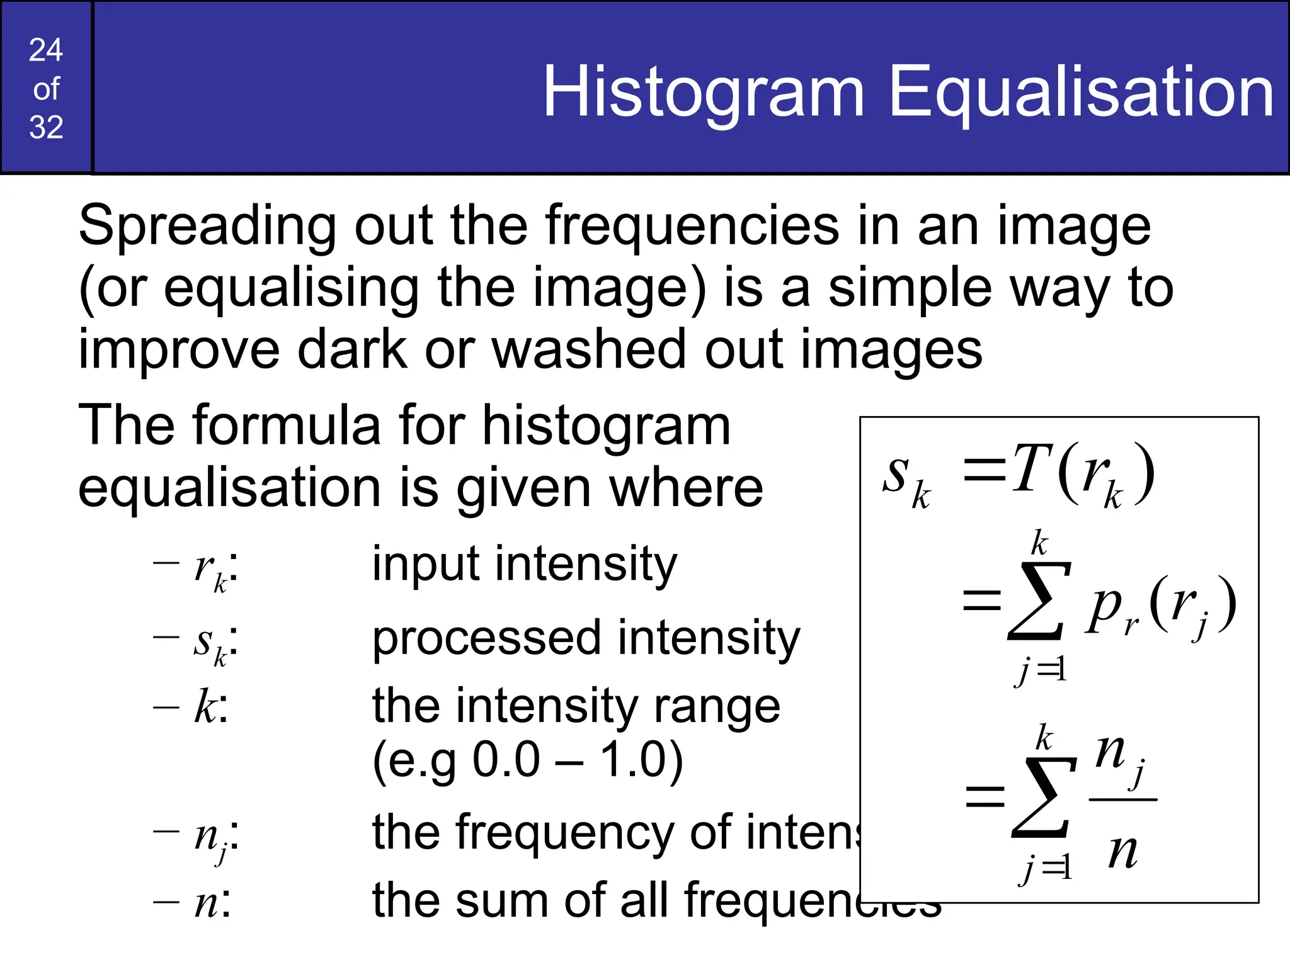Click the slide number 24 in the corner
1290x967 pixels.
(x=46, y=50)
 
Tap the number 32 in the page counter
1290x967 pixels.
(x=46, y=127)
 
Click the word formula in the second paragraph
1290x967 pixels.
(x=287, y=426)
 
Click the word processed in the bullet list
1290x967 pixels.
(x=486, y=638)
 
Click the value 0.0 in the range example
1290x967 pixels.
(x=506, y=759)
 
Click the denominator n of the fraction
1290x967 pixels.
(x=1122, y=852)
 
